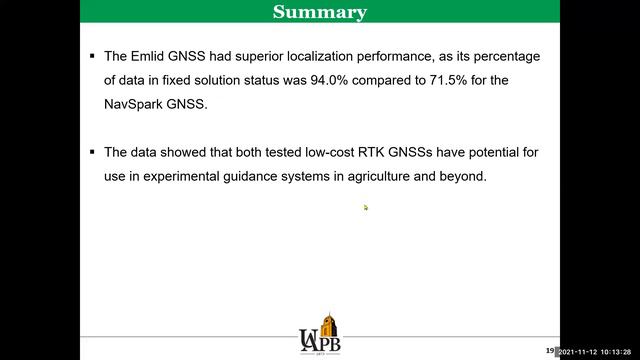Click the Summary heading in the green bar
320,12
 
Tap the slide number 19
549,350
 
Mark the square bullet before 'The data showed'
92,152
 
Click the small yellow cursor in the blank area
366,208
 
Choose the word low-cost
318,152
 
